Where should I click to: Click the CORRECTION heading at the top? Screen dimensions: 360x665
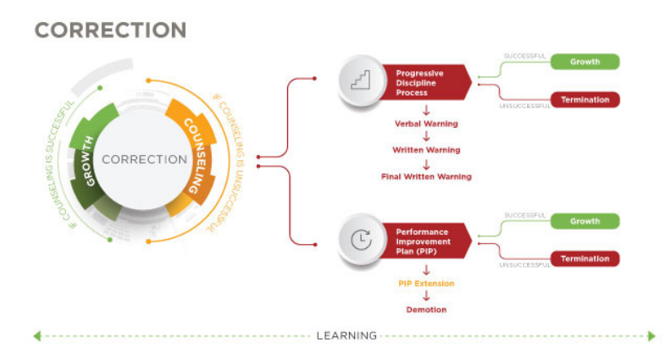[110, 30]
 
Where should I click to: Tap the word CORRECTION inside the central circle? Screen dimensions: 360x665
[144, 159]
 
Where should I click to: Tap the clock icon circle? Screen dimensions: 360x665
[360, 241]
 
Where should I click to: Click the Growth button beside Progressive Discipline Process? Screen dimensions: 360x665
[585, 62]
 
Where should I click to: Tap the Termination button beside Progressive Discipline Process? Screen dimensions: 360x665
[585, 100]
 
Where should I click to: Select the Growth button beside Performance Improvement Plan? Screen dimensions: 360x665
[585, 221]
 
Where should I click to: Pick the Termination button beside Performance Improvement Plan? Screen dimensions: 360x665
[585, 259]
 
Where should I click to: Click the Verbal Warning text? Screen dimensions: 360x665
[426, 124]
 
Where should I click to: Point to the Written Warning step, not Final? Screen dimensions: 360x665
[426, 150]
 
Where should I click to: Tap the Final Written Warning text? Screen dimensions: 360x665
[426, 176]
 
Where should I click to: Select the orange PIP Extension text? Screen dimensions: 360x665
[426, 283]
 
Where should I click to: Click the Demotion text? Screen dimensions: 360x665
[426, 310]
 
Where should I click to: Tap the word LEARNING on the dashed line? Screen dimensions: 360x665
[346, 335]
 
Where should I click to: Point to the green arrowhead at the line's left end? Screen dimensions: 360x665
[37, 336]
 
